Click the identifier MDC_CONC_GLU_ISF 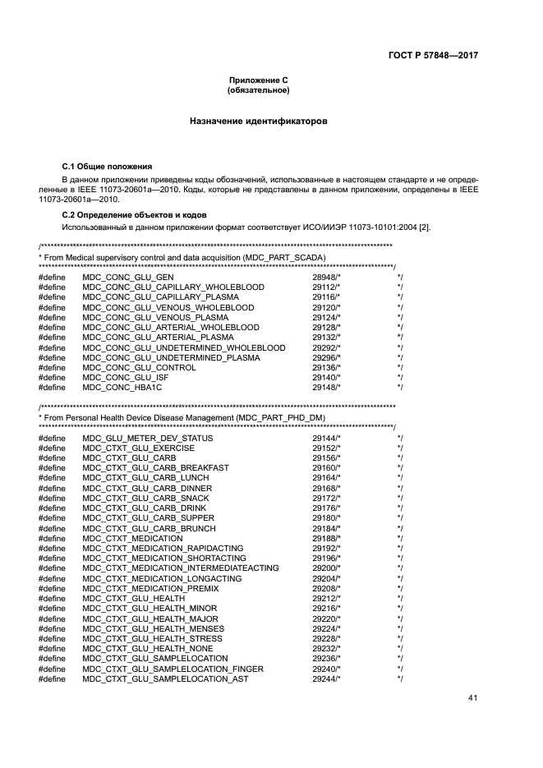tap(124, 377)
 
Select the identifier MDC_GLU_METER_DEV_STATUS tap(147, 439)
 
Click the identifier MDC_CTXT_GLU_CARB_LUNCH tap(143, 478)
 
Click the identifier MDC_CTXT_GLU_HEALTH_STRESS tap(152, 638)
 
